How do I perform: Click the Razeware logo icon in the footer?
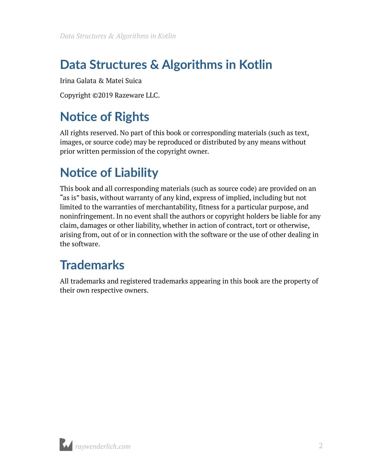tap(66, 445)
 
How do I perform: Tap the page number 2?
tap(321, 446)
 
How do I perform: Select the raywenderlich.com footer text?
tap(103, 446)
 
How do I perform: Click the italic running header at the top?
tap(118, 36)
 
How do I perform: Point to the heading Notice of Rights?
tap(104, 117)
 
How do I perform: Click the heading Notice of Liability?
tap(109, 173)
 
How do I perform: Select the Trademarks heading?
tap(92, 265)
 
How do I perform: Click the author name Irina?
tap(67, 81)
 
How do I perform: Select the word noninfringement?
tap(87, 216)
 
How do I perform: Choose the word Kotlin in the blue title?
tap(256, 65)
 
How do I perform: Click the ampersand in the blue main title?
tap(154, 65)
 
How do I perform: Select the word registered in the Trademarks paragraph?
tap(136, 281)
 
